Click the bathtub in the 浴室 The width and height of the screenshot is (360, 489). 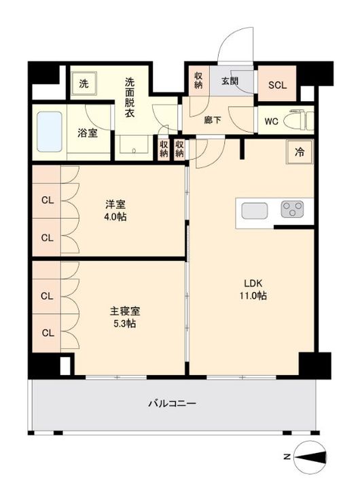(x=50, y=132)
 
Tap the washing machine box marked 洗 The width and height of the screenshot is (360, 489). (x=84, y=84)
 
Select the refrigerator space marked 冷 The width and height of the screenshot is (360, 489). (x=300, y=152)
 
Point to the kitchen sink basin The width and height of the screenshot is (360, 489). (x=255, y=211)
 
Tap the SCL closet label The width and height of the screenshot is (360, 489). (x=277, y=85)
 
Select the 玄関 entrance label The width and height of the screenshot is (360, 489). (x=230, y=81)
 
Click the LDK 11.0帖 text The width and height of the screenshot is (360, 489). (x=253, y=289)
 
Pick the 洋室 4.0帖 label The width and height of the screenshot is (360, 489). (x=115, y=211)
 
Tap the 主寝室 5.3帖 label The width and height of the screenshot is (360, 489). (x=124, y=317)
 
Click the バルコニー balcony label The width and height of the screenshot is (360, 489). (x=173, y=403)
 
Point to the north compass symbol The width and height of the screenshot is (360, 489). (x=310, y=457)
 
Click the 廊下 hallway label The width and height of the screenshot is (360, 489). (x=213, y=120)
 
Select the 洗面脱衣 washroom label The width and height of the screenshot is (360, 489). (x=130, y=98)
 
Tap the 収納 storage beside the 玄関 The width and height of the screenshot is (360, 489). (x=198, y=80)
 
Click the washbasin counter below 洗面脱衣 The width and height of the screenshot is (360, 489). (x=134, y=145)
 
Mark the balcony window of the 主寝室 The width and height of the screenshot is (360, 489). (x=116, y=378)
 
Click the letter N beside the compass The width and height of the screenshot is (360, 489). (x=287, y=457)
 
